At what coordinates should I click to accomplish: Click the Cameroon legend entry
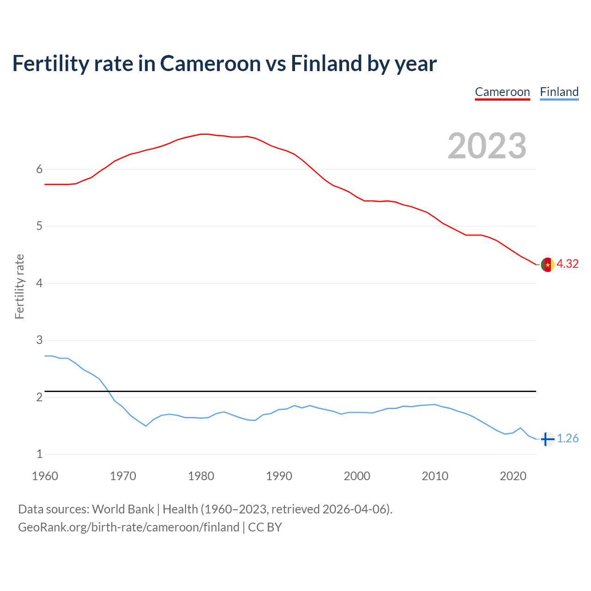click(502, 92)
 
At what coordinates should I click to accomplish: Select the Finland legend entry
click(559, 92)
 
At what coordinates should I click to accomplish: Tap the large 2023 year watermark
click(487, 146)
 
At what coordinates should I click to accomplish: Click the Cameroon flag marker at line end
click(548, 265)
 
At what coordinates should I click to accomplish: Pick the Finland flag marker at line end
click(547, 439)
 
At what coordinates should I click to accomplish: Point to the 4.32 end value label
click(567, 264)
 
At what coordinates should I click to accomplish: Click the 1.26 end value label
click(567, 438)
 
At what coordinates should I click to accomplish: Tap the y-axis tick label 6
click(39, 169)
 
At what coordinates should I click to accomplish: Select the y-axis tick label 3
click(39, 340)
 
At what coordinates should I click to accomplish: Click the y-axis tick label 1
click(39, 454)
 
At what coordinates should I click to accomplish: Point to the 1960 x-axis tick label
click(45, 476)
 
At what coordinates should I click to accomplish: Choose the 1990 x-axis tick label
click(279, 476)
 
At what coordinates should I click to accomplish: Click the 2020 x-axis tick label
click(513, 476)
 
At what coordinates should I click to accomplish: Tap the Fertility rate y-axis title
click(19, 286)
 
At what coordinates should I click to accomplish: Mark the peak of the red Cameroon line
click(204, 134)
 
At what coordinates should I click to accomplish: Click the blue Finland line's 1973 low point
click(146, 426)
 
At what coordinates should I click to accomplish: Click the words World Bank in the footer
click(123, 509)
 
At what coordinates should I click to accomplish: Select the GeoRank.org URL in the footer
click(128, 527)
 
